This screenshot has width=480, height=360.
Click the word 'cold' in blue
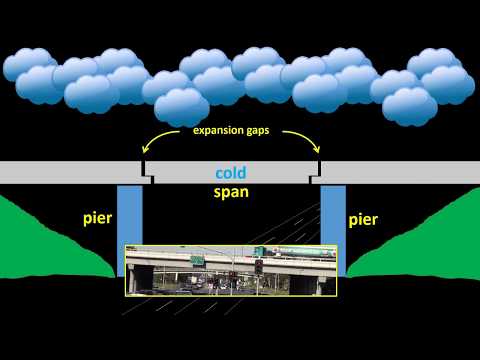232,172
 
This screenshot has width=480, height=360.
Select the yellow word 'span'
232,191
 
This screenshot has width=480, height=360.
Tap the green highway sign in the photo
197,261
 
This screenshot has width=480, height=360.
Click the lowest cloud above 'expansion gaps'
182,107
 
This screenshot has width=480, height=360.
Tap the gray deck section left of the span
70,172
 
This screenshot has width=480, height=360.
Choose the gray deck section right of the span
400,172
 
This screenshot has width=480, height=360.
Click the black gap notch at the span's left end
147,175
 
